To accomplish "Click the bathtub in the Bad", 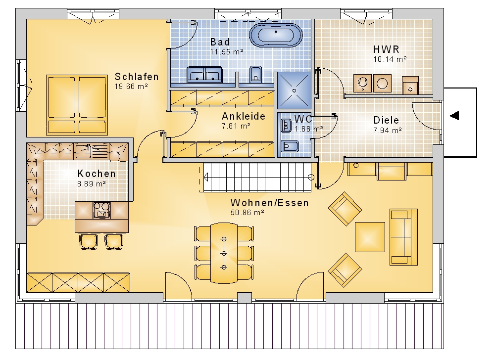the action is click(x=276, y=35).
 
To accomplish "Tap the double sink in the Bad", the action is click(x=204, y=75).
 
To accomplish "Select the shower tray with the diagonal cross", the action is click(x=294, y=90).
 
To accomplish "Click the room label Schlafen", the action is click(x=137, y=77).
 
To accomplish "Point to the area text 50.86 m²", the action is click(x=247, y=213).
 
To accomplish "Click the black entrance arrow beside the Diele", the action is click(x=454, y=116).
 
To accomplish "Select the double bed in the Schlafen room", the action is click(x=77, y=105).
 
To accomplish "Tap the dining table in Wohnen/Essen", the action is click(x=224, y=253).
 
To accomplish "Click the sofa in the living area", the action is click(x=404, y=237).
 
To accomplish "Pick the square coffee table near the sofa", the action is click(x=370, y=237).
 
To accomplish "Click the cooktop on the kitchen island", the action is click(x=101, y=210).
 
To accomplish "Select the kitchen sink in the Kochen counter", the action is click(x=83, y=151).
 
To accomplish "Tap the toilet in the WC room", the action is click(x=290, y=146).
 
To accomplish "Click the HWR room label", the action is click(x=386, y=49).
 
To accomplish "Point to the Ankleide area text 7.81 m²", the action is click(x=236, y=126).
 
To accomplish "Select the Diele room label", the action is click(x=386, y=120).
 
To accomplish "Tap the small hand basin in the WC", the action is click(x=286, y=126).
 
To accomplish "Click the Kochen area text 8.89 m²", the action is click(x=91, y=184).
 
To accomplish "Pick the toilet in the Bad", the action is click(x=256, y=74).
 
